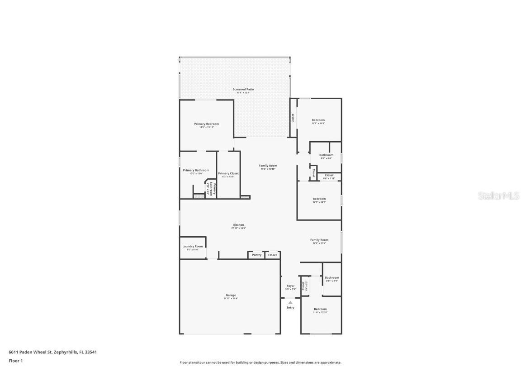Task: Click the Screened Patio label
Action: point(243,90)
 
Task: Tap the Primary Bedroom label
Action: point(206,124)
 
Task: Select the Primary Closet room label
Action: point(228,173)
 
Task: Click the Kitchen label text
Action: point(238,225)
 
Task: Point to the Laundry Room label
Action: point(193,246)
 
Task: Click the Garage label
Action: point(230,296)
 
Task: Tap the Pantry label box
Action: point(256,255)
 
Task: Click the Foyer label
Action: point(290,286)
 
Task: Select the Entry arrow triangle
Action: point(290,302)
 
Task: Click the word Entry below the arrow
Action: point(290,308)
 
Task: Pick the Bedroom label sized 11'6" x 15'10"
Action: point(320,310)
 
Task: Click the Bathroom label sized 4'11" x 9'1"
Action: point(332,278)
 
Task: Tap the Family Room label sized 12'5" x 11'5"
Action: point(319,240)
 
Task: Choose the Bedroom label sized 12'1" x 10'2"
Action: point(319,199)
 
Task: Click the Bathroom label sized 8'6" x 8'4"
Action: point(326,155)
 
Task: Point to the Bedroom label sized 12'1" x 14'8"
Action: point(318,120)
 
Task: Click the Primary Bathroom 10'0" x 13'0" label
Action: point(196,171)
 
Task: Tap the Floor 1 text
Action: point(15,361)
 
